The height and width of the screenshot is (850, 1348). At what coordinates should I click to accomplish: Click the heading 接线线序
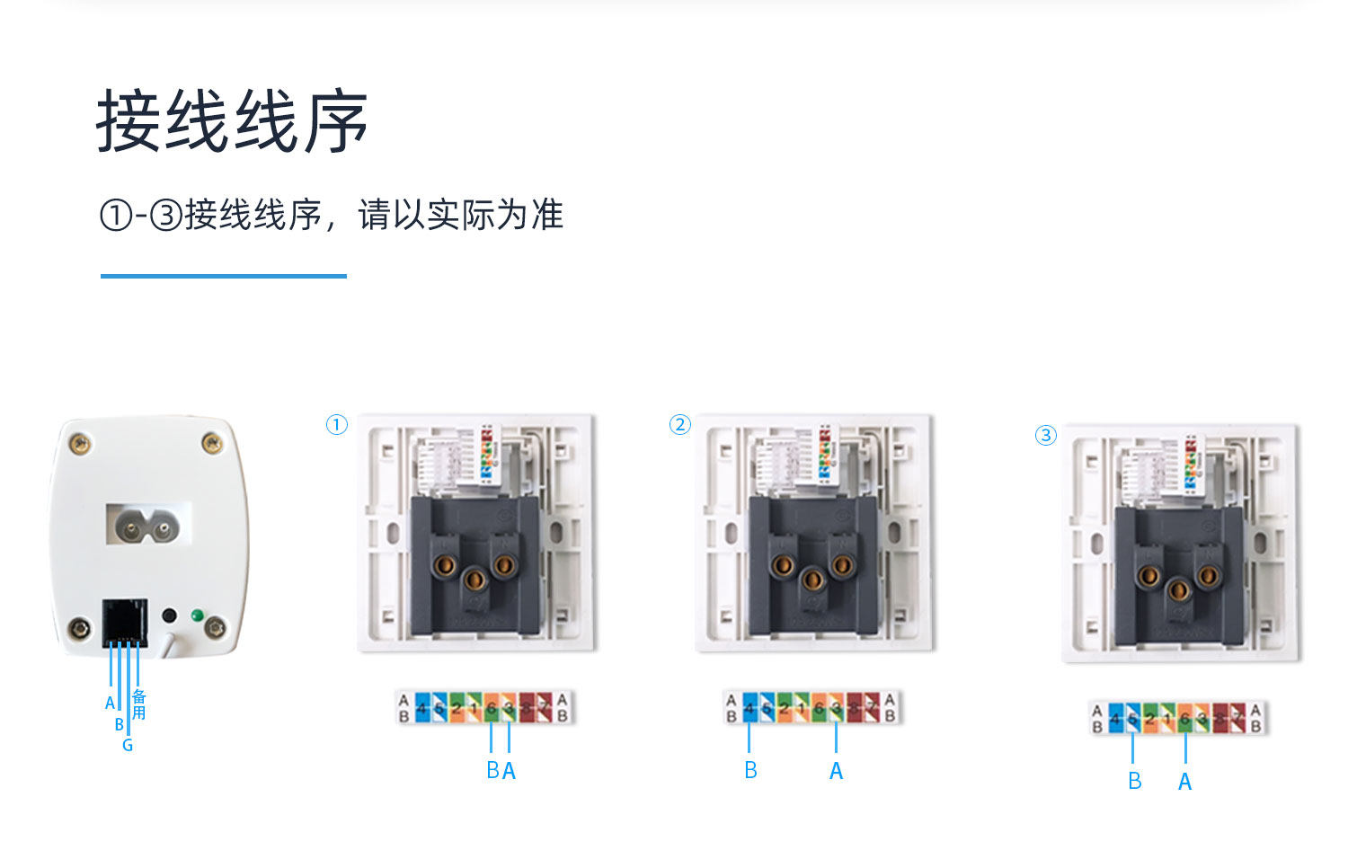232,121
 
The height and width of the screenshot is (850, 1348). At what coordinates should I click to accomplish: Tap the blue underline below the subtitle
223,276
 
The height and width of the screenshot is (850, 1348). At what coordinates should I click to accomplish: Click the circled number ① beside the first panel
336,424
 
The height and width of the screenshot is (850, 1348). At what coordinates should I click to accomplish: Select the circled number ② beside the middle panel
680,424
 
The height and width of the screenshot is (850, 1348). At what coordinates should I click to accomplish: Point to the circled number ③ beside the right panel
1045,436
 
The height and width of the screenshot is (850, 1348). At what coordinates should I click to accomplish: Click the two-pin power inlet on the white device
148,524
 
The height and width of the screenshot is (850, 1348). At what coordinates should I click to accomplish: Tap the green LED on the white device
196,617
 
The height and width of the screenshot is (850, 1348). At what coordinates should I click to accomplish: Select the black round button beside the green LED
168,617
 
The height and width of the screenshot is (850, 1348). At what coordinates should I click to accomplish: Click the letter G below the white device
128,746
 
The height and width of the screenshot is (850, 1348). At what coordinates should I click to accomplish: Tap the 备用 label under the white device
139,704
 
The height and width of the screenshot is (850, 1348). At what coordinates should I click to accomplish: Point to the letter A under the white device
110,703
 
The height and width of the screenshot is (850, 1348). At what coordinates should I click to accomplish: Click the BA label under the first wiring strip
501,771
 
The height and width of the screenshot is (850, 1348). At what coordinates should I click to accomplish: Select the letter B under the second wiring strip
750,771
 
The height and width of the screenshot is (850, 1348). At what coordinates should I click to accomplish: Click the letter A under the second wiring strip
836,771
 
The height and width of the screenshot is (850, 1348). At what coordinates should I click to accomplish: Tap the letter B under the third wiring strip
1135,782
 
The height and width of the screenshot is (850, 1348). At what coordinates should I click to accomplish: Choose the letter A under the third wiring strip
1185,782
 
